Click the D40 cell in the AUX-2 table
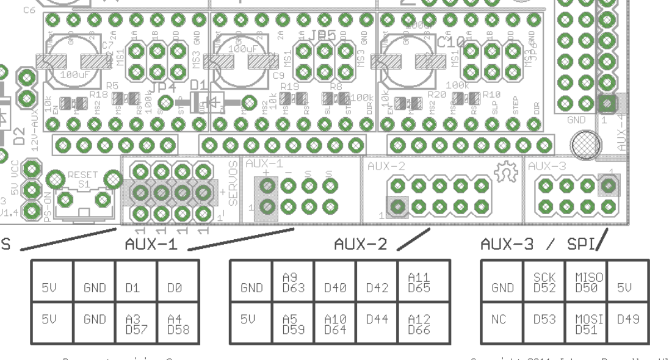point(335,287)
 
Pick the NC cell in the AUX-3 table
point(502,319)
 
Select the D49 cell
point(628,319)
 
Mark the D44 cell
point(377,319)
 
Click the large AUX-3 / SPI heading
point(541,245)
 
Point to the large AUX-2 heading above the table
point(360,245)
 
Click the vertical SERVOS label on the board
point(233,182)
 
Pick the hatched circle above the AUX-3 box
point(582,145)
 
